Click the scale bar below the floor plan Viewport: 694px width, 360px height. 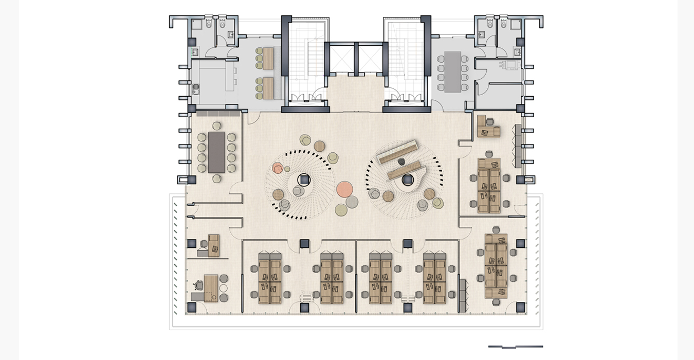(x=515, y=347)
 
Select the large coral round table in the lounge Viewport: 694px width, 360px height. (x=344, y=189)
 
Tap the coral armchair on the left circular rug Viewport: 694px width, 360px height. (x=278, y=168)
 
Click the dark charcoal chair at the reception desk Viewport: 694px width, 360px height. (x=401, y=161)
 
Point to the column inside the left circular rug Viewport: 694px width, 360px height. (x=304, y=179)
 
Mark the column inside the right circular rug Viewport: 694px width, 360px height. (x=408, y=179)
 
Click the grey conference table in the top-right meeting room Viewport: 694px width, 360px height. (x=453, y=71)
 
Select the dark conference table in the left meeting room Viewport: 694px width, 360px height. (x=216, y=152)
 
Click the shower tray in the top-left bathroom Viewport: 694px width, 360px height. (x=197, y=24)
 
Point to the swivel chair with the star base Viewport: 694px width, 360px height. (x=198, y=284)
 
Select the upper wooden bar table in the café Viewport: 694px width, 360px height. (x=268, y=58)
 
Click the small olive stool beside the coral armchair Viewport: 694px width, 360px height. (x=287, y=169)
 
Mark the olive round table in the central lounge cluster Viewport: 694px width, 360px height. (x=341, y=209)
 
